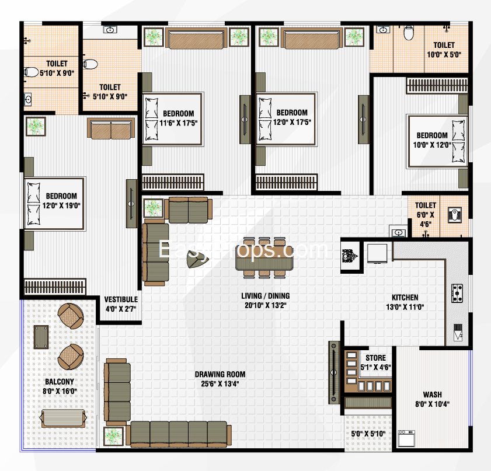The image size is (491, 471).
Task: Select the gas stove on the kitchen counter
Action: [x=457, y=293]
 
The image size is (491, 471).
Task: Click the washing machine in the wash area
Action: [x=406, y=438]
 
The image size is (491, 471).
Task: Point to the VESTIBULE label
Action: [x=120, y=299]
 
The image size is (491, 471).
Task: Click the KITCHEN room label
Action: [x=405, y=297]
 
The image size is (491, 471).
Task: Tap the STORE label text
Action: [x=375, y=358]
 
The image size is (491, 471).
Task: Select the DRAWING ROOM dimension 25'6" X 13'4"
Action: [x=220, y=383]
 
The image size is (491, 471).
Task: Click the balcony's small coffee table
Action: [x=41, y=337]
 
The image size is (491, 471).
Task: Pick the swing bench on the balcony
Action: [x=64, y=418]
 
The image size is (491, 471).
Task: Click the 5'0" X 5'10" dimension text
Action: [x=368, y=434]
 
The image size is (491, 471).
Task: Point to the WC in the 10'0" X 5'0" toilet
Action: [x=409, y=33]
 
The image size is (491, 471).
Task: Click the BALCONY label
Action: [x=59, y=382]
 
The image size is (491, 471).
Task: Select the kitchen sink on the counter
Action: [x=458, y=333]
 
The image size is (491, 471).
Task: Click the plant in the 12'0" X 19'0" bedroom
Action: [x=36, y=127]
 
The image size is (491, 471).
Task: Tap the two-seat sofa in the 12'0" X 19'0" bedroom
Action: [x=111, y=128]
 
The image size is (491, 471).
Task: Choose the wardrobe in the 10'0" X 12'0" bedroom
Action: [x=437, y=85]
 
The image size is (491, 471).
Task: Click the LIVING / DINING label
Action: [x=265, y=296]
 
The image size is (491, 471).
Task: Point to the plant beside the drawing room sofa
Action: [x=113, y=436]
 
